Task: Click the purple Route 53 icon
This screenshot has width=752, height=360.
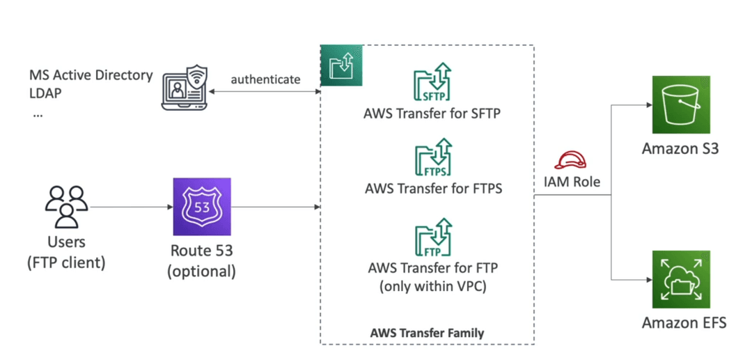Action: coord(201,208)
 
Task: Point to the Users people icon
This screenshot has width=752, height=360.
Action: coord(66,206)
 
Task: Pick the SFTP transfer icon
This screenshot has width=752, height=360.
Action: coord(432,82)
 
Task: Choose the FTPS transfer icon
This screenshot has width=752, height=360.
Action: coord(433,157)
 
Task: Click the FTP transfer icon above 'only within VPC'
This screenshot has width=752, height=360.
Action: coord(433,237)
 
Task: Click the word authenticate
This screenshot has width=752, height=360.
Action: coord(266,79)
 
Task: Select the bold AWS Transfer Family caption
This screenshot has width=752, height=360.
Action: coord(428,332)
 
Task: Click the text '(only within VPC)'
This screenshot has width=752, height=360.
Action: coord(433,287)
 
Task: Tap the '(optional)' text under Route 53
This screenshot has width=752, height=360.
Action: coord(201,272)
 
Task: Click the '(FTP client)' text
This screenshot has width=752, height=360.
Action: coord(66,263)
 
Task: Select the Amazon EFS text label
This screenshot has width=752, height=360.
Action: coord(684,322)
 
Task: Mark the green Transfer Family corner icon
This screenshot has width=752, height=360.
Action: coord(341,66)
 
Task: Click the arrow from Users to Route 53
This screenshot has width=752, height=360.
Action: coord(130,208)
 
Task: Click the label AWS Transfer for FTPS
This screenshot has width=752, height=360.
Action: coord(434,189)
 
